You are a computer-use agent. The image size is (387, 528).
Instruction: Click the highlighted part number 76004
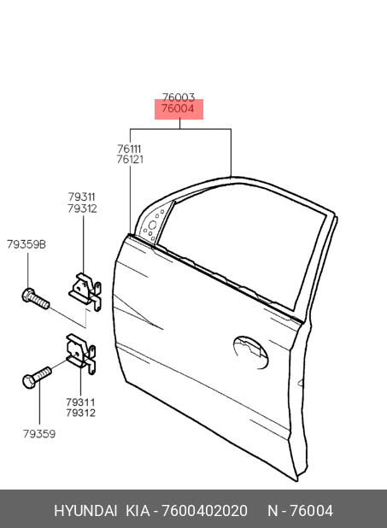click(x=178, y=109)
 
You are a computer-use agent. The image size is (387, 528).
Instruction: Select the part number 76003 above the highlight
click(x=179, y=97)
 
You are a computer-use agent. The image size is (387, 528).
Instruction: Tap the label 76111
click(x=129, y=149)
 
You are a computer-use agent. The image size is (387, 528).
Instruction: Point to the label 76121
click(x=130, y=159)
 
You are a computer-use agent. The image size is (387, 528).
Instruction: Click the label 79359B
click(x=26, y=244)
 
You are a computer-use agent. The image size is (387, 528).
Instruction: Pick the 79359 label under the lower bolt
click(x=39, y=434)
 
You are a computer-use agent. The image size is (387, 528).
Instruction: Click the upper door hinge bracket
click(x=85, y=291)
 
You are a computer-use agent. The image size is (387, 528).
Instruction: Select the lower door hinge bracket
click(x=81, y=353)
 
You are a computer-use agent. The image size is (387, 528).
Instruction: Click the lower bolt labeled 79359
click(x=37, y=377)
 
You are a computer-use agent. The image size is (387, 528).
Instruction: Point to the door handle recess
click(x=250, y=352)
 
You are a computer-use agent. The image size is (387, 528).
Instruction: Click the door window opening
click(x=243, y=246)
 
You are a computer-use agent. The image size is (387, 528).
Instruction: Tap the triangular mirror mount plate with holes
click(x=155, y=221)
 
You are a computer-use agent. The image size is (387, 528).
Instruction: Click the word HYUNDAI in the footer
click(x=85, y=511)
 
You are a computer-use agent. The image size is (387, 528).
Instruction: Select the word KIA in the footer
click(x=138, y=511)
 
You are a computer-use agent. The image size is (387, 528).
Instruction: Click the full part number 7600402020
click(x=204, y=511)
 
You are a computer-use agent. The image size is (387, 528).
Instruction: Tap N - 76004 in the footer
click(x=301, y=511)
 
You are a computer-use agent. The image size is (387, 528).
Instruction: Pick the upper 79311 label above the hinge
click(x=81, y=197)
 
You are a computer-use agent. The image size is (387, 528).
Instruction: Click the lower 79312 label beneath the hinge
click(x=81, y=413)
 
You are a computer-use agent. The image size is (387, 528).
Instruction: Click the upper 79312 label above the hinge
click(x=82, y=208)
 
